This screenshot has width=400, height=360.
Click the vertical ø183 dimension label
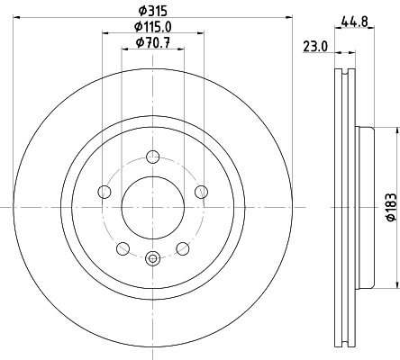tap(391, 207)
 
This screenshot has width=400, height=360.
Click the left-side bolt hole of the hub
tap(105, 191)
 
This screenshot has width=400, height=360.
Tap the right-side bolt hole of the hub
tap(201, 191)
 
